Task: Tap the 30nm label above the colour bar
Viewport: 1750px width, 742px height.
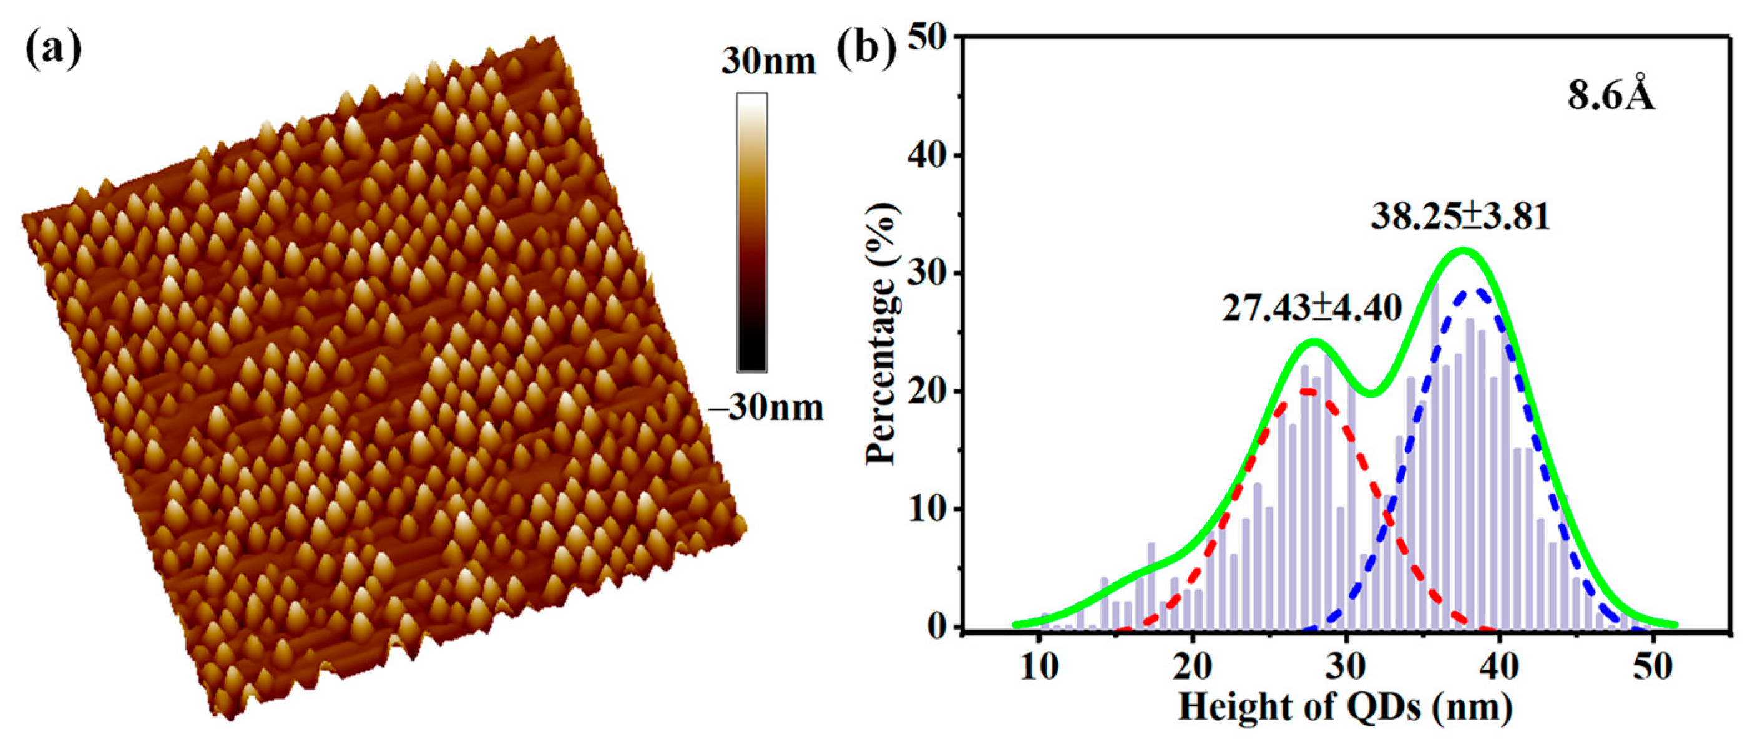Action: [768, 62]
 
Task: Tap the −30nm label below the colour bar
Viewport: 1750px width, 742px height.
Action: [766, 408]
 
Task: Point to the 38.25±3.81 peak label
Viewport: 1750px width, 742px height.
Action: [1460, 217]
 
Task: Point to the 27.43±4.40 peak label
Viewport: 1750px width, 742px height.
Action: [1312, 308]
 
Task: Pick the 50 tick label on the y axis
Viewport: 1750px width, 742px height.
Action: [927, 38]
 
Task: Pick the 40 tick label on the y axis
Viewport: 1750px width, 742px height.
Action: [927, 156]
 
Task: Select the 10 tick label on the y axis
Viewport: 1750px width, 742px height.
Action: [927, 510]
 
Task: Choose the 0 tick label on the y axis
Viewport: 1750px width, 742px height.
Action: [937, 627]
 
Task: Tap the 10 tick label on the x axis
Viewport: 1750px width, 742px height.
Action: [1039, 667]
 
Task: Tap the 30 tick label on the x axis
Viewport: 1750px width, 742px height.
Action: [1346, 667]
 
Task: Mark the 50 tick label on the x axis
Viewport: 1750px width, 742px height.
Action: [1652, 667]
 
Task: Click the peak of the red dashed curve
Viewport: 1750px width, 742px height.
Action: [1308, 391]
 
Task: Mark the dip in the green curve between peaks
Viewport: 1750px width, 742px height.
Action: [1372, 393]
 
